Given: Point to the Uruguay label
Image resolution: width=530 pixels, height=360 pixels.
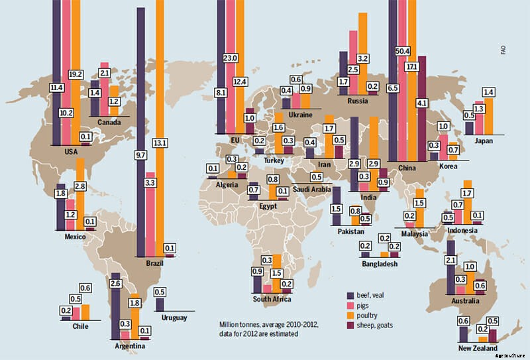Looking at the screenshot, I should click(x=174, y=318).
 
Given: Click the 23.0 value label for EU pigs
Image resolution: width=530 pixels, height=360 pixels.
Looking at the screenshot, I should click(x=231, y=58).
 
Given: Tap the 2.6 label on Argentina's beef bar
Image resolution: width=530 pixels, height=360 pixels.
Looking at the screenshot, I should click(x=115, y=284).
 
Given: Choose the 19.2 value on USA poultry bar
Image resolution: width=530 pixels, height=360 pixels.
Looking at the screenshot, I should click(x=75, y=75).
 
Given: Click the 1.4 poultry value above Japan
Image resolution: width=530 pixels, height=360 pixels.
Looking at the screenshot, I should click(x=489, y=91).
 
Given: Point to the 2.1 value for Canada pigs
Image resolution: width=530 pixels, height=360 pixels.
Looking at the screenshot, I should click(x=104, y=72).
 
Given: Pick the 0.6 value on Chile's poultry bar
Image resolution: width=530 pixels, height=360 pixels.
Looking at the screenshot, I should click(x=85, y=288).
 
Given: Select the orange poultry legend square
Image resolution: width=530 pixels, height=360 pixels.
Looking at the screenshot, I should click(x=351, y=314).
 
